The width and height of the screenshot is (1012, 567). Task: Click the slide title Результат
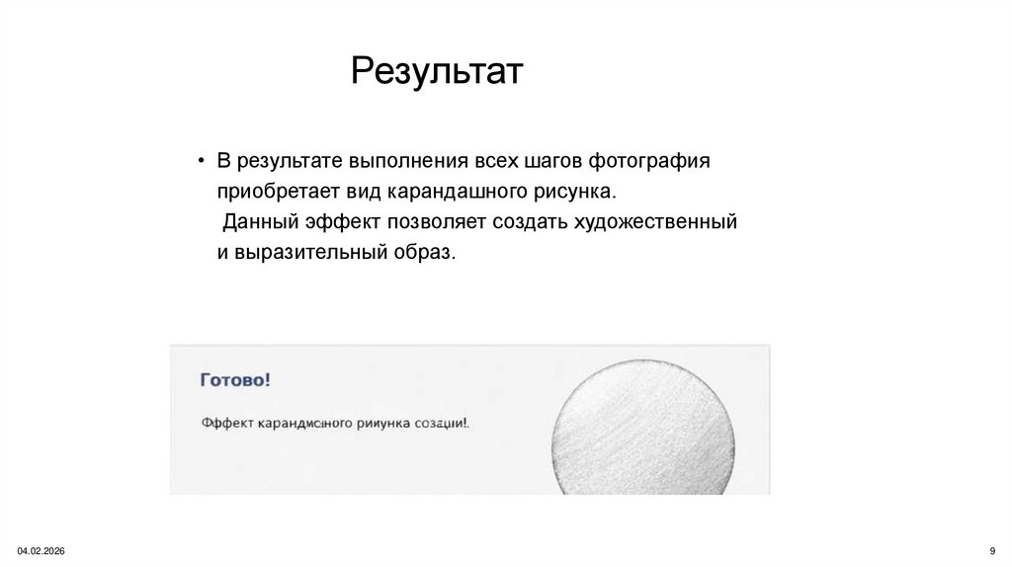tap(436, 72)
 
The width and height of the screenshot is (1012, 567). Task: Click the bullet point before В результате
tap(201, 160)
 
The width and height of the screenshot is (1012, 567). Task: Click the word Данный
tap(256, 221)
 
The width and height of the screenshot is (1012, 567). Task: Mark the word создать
tap(536, 221)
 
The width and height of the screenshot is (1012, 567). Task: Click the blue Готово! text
tap(235, 379)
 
